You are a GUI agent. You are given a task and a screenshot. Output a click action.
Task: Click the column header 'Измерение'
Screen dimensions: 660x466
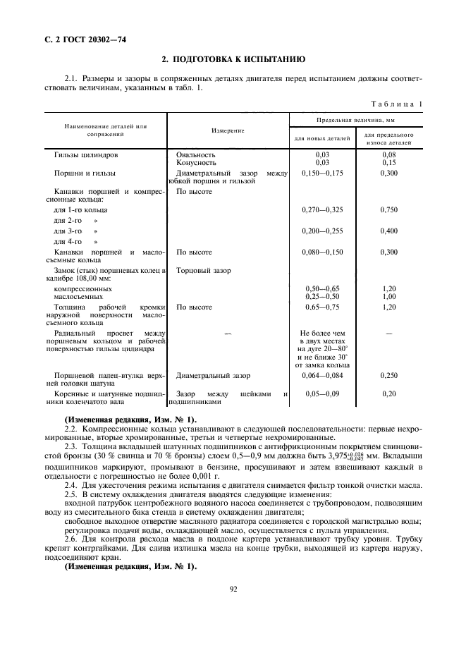(x=228, y=130)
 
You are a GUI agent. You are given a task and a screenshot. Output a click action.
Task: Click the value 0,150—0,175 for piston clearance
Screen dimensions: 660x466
(x=322, y=173)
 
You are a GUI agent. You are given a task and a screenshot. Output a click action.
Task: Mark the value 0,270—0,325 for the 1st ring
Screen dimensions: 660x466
(x=322, y=210)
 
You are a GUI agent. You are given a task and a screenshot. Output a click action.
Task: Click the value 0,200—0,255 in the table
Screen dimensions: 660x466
(x=322, y=231)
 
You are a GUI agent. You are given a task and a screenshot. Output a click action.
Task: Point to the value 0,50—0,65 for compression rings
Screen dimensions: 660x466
(x=322, y=289)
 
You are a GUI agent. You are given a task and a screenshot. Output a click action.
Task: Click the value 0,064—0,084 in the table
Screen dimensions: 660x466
(x=322, y=376)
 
